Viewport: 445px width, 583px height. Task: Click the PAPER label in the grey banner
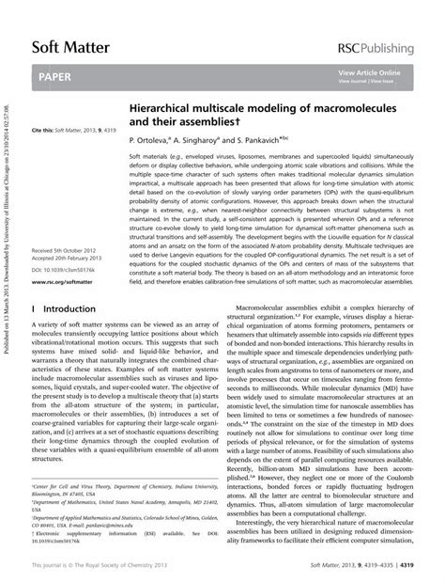(57, 74)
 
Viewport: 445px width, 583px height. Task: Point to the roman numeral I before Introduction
(34, 307)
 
